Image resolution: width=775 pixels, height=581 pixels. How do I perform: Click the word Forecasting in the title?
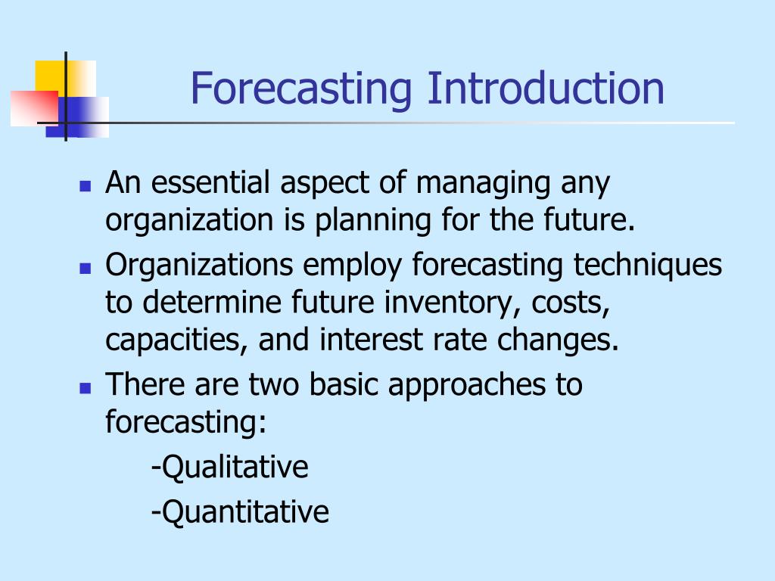pos(301,89)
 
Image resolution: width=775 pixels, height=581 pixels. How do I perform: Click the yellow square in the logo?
pos(65,79)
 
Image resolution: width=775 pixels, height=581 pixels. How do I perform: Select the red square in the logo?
pos(35,108)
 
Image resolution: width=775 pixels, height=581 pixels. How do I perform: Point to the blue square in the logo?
pos(77,117)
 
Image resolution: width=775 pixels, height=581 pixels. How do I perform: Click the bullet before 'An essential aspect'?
pos(85,186)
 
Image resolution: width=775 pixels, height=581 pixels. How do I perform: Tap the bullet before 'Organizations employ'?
pos(85,269)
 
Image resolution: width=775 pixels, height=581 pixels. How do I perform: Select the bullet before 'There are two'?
pos(85,388)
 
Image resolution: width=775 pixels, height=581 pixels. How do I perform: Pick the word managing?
pos(483,184)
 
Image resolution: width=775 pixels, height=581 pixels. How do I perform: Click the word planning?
pos(373,221)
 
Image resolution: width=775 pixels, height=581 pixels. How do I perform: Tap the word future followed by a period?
pos(589,219)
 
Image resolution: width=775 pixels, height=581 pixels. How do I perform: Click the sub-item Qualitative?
pos(230,467)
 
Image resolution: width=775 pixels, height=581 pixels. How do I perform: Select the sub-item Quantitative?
pos(240,512)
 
